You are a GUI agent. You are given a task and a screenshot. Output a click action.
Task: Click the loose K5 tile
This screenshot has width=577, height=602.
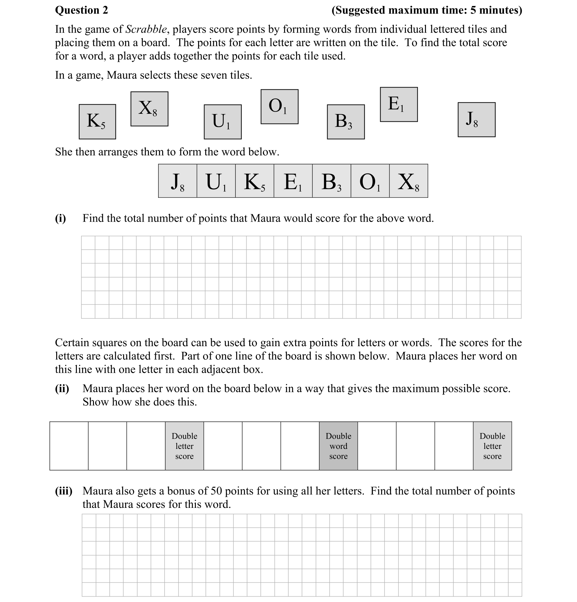(97, 122)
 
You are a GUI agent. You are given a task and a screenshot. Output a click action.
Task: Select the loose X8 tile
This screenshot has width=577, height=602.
(149, 109)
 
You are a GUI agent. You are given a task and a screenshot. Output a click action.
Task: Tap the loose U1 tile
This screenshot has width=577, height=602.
(222, 122)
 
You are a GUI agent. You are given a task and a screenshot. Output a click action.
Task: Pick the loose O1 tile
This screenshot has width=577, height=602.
(279, 107)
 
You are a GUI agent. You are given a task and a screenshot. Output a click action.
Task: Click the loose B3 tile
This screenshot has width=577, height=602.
(346, 122)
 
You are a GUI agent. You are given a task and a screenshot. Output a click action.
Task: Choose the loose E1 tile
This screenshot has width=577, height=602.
(399, 105)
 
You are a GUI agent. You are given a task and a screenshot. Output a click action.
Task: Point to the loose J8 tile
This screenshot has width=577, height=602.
(476, 120)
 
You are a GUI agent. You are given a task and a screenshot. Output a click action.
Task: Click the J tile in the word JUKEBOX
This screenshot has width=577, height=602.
(177, 181)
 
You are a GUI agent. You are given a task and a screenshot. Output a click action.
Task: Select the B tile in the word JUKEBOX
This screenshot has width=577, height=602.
(331, 181)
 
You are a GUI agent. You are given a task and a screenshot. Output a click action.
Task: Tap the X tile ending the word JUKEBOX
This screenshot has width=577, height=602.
(408, 181)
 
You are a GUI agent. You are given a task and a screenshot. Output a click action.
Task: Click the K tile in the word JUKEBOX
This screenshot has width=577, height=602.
(255, 181)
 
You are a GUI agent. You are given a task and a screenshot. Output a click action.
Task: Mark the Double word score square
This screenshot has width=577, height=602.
(338, 446)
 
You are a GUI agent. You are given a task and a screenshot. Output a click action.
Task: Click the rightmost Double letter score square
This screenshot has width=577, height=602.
(492, 446)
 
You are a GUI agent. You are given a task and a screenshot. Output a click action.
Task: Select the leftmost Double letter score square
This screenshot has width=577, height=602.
(184, 446)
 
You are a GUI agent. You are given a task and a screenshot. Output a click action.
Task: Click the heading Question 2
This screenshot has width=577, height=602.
(82, 10)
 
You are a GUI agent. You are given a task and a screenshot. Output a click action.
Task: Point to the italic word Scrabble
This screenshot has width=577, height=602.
(146, 29)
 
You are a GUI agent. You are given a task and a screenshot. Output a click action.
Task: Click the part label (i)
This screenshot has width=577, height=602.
(60, 218)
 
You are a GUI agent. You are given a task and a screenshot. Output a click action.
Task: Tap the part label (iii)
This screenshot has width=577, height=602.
(63, 491)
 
